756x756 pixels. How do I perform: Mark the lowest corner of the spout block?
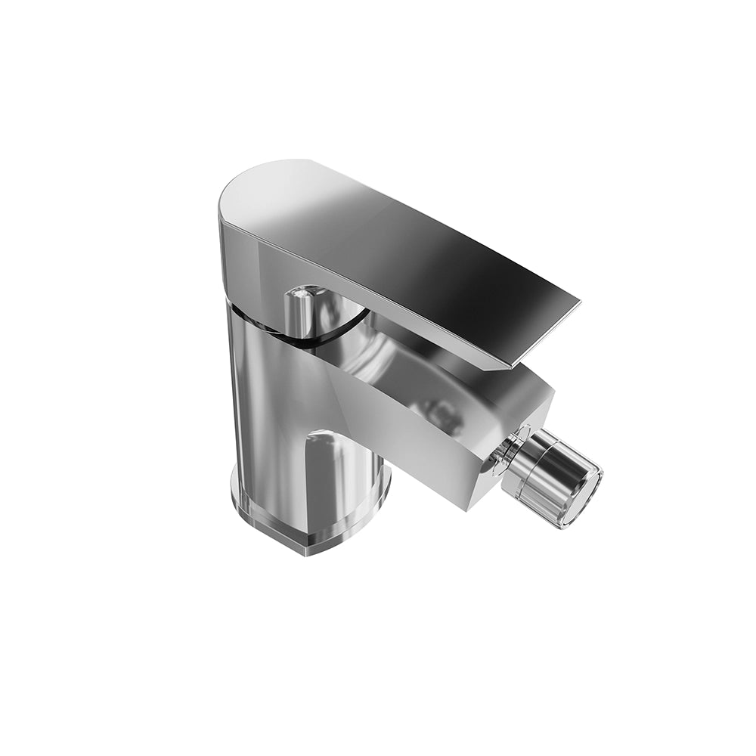487,503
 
